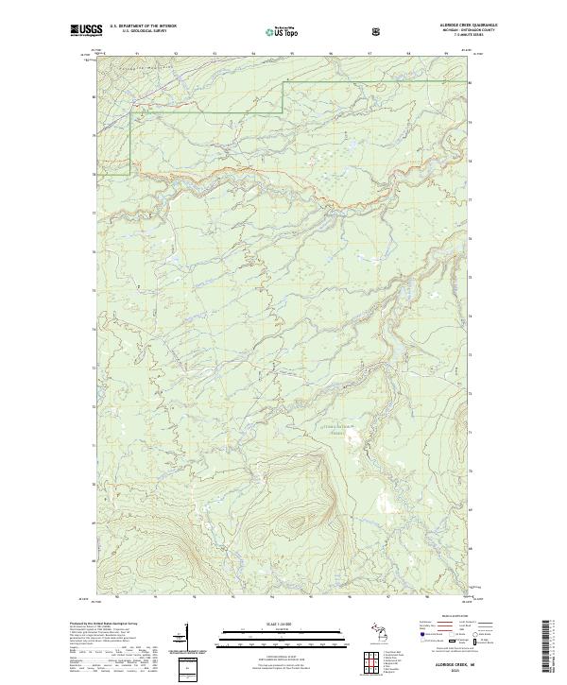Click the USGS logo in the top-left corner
pos(85,30)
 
